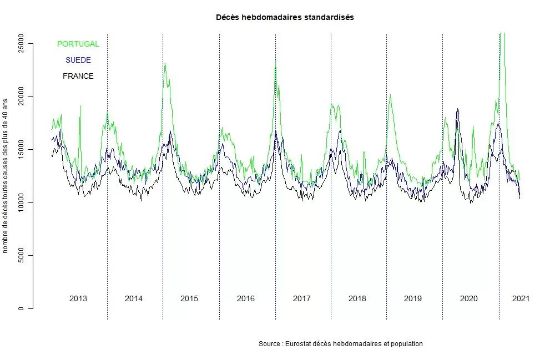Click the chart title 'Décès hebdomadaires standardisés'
[x=285, y=17]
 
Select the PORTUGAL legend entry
[x=78, y=44]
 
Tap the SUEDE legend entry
[x=78, y=60]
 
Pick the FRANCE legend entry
[x=78, y=76]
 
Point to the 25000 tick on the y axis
[x=21, y=43]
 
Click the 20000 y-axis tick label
[x=21, y=97]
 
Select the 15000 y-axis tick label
[x=21, y=150]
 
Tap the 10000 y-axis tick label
[x=21, y=202]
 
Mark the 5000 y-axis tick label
[x=21, y=256]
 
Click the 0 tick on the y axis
[x=21, y=308]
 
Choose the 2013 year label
[x=78, y=298]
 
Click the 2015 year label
[x=189, y=298]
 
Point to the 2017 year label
[x=301, y=298]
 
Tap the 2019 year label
[x=413, y=298]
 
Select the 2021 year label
[x=521, y=298]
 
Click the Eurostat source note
[x=341, y=344]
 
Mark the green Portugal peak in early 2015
[x=165, y=64]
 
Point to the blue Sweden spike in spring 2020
[x=457, y=110]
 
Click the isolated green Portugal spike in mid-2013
[x=80, y=107]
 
